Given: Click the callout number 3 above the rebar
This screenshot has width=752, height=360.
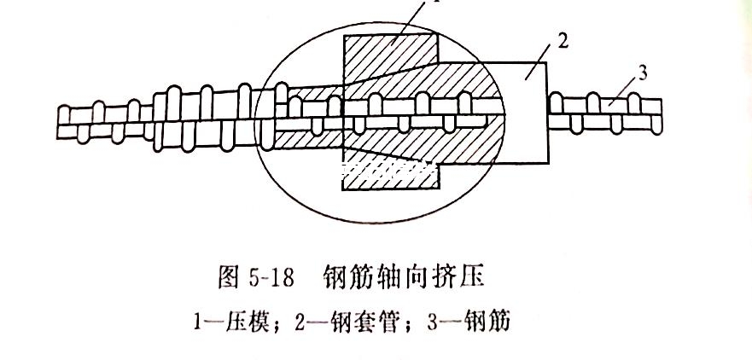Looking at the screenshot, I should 643,74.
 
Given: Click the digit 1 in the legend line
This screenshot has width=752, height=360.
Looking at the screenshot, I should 198,322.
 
